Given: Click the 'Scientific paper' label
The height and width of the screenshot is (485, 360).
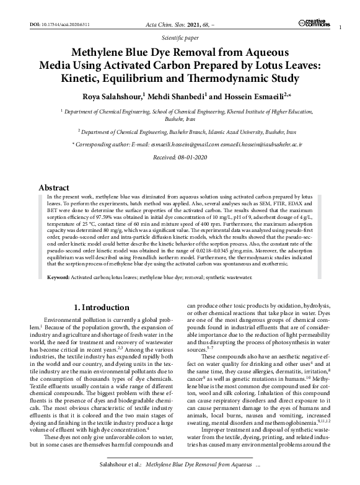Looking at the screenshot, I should coord(180,37).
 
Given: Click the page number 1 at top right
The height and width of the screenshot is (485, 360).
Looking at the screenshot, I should coord(341,29).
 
